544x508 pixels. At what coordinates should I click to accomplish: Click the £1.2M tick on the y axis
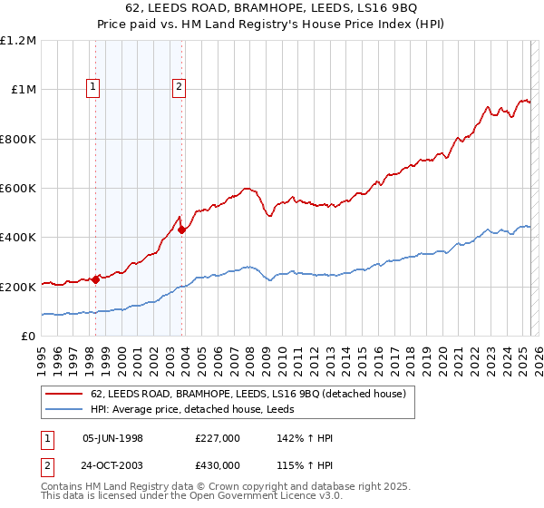pyautogui.click(x=18, y=41)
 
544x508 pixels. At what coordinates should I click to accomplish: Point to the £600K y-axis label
pyautogui.click(x=18, y=189)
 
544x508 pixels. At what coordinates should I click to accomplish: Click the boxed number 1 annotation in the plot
pyautogui.click(x=94, y=87)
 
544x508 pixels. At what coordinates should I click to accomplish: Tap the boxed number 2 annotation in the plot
pyautogui.click(x=180, y=87)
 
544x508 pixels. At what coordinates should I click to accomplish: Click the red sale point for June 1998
pyautogui.click(x=95, y=280)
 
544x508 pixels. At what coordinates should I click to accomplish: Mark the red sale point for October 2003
pyautogui.click(x=181, y=230)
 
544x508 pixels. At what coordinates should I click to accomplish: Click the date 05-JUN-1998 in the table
pyautogui.click(x=113, y=437)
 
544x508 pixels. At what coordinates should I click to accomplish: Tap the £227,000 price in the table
pyautogui.click(x=218, y=437)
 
